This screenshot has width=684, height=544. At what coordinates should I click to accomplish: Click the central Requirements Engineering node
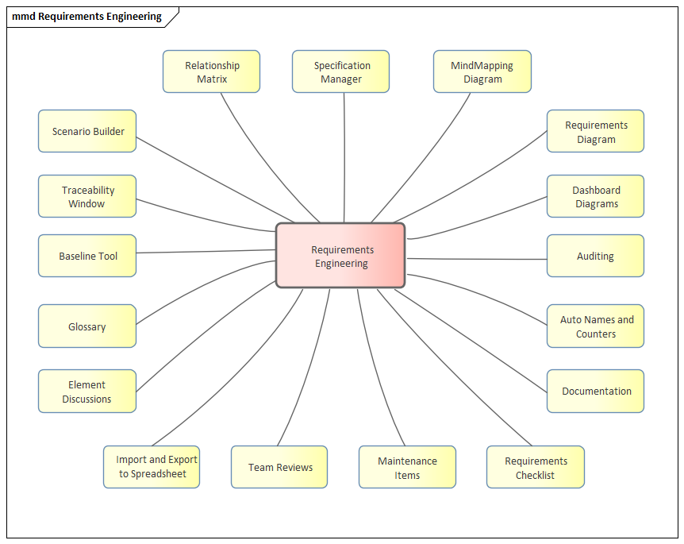click(340, 256)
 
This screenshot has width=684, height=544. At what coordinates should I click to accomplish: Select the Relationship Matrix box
click(211, 71)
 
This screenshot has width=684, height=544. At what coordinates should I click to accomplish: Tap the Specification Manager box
click(340, 71)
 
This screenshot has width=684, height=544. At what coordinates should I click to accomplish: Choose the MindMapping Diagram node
click(482, 71)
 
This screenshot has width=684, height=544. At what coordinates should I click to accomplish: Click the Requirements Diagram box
click(595, 131)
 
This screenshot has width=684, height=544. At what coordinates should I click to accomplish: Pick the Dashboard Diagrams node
click(595, 196)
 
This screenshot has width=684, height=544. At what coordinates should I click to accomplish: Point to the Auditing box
click(595, 256)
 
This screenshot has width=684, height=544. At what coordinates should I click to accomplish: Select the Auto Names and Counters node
click(595, 326)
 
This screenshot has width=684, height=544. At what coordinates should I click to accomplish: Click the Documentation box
click(595, 391)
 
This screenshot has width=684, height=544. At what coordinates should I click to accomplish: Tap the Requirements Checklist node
click(535, 467)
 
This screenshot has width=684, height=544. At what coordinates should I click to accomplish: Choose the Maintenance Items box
click(407, 467)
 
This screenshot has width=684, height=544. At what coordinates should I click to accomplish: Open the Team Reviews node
click(279, 467)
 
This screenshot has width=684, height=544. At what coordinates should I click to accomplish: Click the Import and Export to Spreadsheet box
click(151, 467)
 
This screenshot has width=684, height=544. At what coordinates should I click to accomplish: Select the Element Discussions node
click(87, 391)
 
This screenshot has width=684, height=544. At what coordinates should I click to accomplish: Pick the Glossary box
click(87, 326)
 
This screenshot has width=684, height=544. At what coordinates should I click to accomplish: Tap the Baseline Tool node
click(87, 256)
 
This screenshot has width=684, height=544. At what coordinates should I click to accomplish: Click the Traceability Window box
click(87, 196)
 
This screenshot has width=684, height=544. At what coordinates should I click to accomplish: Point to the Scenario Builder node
click(87, 131)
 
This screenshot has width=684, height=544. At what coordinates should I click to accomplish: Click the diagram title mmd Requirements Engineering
click(86, 17)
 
